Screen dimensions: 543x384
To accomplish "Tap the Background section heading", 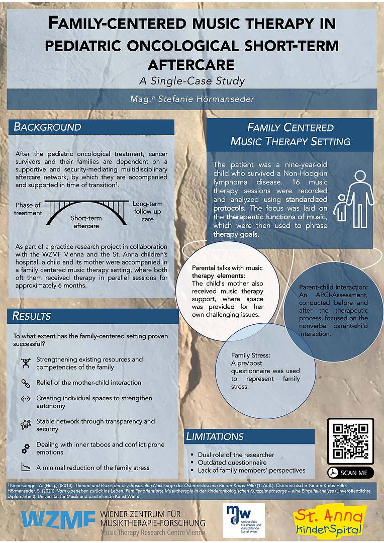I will click(47, 127).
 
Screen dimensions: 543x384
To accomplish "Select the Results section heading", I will click(32, 316).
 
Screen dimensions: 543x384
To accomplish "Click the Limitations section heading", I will click(215, 436).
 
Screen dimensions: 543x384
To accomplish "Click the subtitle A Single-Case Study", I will click(192, 80).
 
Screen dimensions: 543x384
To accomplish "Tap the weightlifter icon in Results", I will click(25, 363).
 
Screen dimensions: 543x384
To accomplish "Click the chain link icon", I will click(25, 383).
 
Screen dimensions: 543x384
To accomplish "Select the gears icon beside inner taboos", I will click(25, 448).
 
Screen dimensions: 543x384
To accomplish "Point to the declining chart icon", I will click(25, 468).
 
